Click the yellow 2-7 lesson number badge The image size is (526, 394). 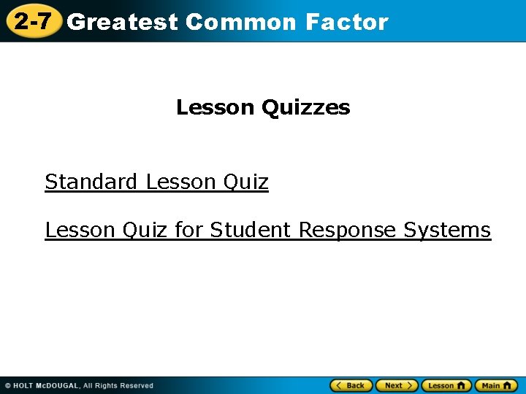click(x=33, y=21)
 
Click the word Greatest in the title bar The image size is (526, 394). click(x=122, y=22)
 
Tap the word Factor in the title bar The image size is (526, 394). click(x=347, y=22)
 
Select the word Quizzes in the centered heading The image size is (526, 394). click(x=305, y=108)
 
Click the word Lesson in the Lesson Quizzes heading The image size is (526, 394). click(x=215, y=108)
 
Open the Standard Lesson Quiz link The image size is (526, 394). click(x=156, y=182)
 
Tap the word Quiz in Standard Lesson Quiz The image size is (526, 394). click(x=246, y=182)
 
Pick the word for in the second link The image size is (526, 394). click(x=188, y=230)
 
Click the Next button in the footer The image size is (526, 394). click(x=397, y=385)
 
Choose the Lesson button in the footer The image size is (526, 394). click(x=446, y=385)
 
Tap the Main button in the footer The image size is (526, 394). click(x=495, y=385)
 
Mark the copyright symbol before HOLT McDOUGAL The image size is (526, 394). click(x=7, y=386)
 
